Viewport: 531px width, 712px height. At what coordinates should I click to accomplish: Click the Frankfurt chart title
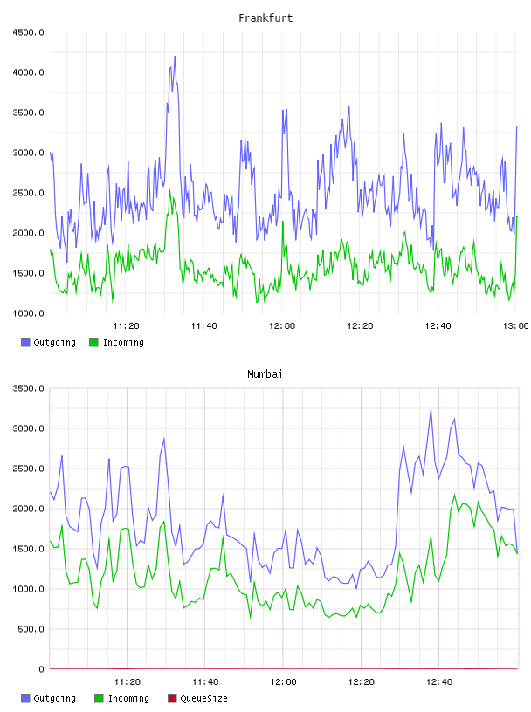point(265,18)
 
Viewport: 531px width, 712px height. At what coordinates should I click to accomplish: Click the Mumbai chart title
point(265,374)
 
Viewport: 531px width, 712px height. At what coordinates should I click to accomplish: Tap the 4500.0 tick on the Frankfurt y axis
point(28,32)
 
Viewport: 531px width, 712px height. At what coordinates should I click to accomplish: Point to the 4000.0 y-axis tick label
point(28,72)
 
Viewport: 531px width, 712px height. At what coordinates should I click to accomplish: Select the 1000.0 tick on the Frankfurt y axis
point(28,313)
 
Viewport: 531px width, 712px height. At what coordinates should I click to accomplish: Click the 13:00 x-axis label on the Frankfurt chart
point(514,326)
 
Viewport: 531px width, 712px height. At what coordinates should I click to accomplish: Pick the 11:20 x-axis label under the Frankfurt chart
point(126,326)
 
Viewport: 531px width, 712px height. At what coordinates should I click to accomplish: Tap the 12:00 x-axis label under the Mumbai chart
point(283,682)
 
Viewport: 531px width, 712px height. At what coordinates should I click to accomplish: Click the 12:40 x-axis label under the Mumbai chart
point(439,682)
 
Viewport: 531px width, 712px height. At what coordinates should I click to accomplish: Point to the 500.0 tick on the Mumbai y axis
point(31,629)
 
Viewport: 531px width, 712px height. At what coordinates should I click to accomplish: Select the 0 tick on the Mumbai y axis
point(41,669)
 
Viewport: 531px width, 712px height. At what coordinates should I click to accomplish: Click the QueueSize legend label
point(203,698)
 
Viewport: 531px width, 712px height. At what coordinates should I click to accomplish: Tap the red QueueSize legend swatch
point(172,698)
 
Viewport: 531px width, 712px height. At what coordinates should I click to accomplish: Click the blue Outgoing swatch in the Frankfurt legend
point(25,342)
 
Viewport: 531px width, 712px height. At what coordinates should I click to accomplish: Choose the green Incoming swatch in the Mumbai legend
point(99,698)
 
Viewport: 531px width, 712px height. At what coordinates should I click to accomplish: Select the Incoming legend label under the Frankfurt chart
point(123,342)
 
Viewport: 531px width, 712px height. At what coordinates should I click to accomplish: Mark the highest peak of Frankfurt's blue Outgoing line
point(175,57)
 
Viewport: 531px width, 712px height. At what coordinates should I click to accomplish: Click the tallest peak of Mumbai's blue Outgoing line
point(431,410)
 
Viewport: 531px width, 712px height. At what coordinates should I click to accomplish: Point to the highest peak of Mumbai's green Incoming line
point(455,495)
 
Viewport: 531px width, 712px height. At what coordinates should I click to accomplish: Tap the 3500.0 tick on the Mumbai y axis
point(28,388)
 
